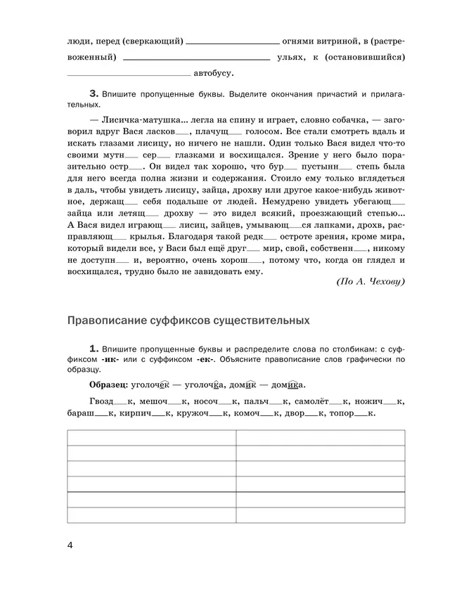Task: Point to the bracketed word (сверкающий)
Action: pos(152,41)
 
